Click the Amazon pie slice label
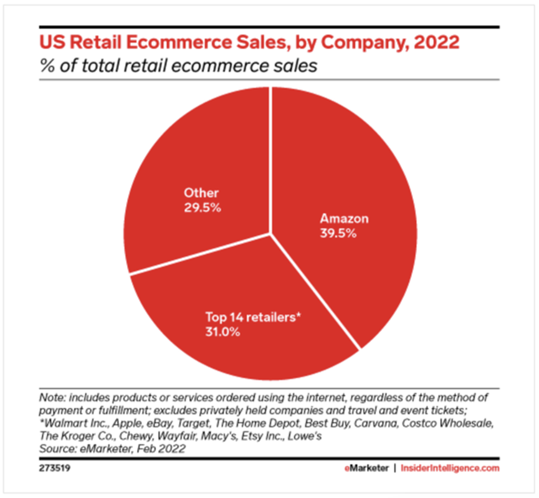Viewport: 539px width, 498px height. coord(344,219)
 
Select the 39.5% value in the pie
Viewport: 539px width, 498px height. coord(338,234)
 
